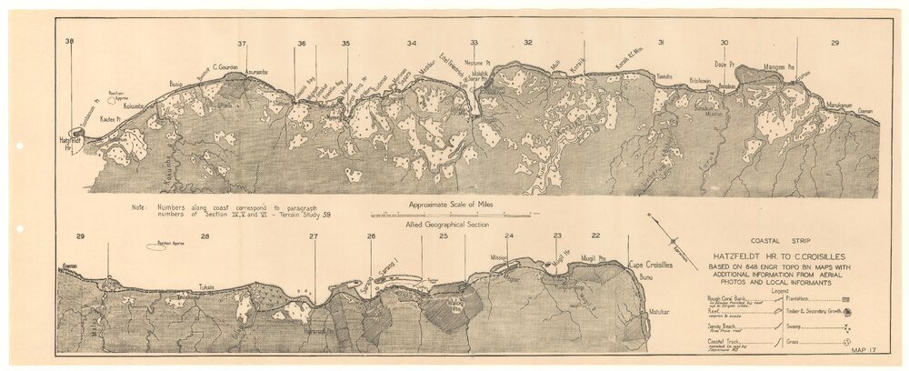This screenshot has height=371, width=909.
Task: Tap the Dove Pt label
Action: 724,65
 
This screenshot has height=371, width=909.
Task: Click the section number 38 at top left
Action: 69,42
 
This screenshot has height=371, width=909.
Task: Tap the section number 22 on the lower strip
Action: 595,236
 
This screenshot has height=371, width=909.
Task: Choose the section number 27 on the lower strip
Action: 313,236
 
